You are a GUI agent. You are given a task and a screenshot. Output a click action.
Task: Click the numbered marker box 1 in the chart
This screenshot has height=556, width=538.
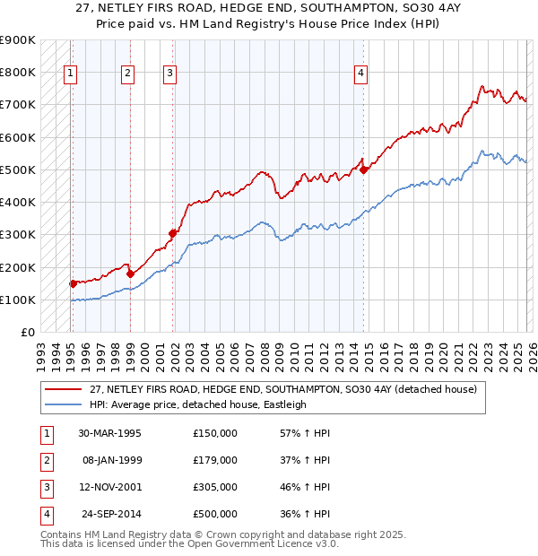(70, 74)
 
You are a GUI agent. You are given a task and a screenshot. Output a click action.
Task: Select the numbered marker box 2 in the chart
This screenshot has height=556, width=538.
(128, 74)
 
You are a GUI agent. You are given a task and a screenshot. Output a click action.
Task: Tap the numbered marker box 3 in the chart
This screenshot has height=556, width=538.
(170, 74)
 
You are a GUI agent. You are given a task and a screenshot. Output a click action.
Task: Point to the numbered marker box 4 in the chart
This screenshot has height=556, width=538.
(360, 74)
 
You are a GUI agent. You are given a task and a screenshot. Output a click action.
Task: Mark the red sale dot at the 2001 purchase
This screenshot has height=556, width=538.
(173, 232)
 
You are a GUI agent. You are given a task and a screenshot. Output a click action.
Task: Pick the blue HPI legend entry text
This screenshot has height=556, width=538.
(197, 404)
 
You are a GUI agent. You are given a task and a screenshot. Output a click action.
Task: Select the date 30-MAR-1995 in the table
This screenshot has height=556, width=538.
(109, 433)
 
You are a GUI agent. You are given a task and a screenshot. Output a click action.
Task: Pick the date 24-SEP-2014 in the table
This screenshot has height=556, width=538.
(110, 514)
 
